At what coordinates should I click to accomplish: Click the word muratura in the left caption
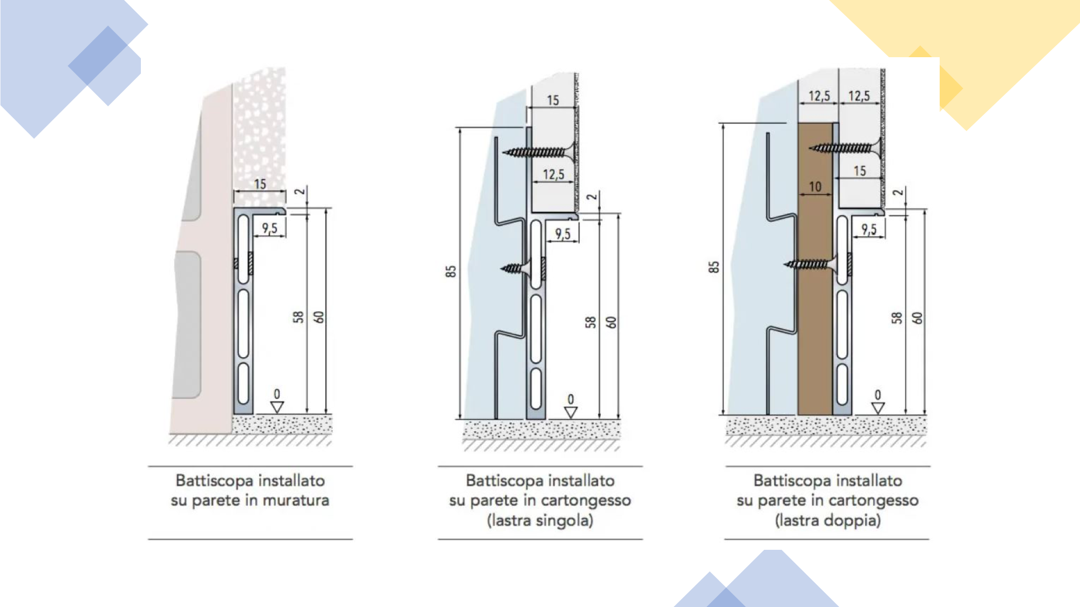pos(295,501)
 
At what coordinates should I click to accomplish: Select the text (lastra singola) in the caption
pos(540,521)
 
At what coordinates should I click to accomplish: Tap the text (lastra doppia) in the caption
pos(827,521)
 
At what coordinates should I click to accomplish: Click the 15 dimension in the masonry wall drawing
pos(260,185)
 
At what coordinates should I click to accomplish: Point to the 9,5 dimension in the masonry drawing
pos(270,228)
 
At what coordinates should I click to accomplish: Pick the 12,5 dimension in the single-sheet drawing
pos(553,174)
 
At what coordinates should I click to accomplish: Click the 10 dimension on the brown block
pos(815,187)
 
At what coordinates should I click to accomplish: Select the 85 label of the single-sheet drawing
pos(451,271)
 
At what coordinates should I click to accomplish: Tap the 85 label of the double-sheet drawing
pos(714,267)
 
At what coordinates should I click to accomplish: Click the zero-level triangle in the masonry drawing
pos(277,407)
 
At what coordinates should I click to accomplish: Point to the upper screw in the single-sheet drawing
pos(537,152)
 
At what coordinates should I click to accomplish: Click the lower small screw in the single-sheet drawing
pos(515,268)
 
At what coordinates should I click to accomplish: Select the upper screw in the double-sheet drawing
pos(845,147)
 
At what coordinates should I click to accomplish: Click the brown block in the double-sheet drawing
pos(815,324)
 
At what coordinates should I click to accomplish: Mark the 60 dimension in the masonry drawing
pos(320,317)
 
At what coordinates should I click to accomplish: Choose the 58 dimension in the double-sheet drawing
pos(896,318)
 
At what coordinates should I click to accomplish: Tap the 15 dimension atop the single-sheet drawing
pos(553,100)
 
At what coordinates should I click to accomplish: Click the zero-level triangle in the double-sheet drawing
pos(878,408)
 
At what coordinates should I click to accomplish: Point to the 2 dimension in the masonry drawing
pos(300,192)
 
